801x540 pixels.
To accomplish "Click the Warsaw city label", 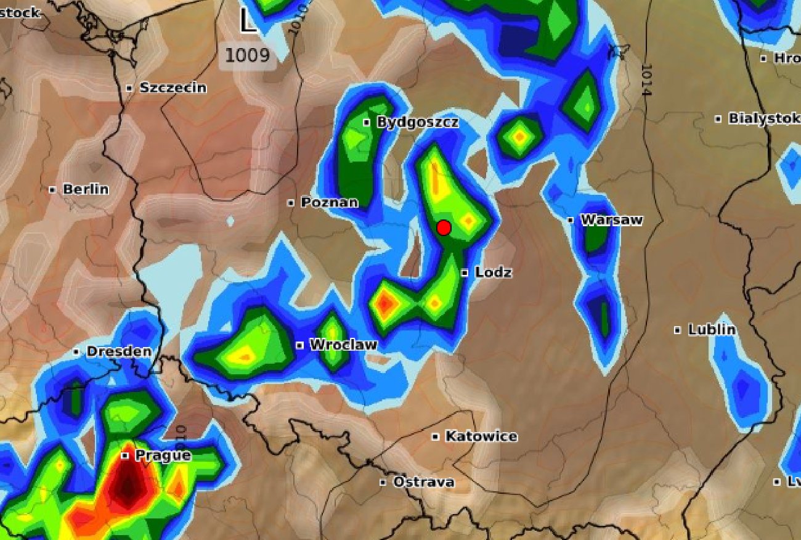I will (x=611, y=220).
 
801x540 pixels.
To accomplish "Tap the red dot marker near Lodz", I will (x=444, y=228).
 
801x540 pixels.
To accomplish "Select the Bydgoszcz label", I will (x=418, y=122).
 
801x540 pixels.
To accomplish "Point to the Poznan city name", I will (x=329, y=202).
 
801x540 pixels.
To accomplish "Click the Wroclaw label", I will (x=343, y=345).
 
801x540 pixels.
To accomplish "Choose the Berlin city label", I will (x=86, y=189).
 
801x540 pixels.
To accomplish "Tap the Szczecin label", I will (x=173, y=88).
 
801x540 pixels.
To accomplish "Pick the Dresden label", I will (x=118, y=351).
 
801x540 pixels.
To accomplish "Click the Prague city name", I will (x=163, y=456).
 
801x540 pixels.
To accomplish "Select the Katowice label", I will (x=481, y=436).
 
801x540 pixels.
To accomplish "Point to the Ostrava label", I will (x=423, y=482).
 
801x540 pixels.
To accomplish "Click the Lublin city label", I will (x=712, y=330).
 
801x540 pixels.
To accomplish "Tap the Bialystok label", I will (x=763, y=118).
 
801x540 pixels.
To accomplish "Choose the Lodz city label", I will (x=493, y=272).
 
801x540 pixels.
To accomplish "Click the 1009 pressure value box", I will (x=247, y=55).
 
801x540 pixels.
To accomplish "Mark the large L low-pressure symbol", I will (x=248, y=22).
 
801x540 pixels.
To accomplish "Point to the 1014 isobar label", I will (x=646, y=80).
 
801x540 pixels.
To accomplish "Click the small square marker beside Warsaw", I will (x=571, y=220).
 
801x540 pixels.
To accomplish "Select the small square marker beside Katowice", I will (x=436, y=436).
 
